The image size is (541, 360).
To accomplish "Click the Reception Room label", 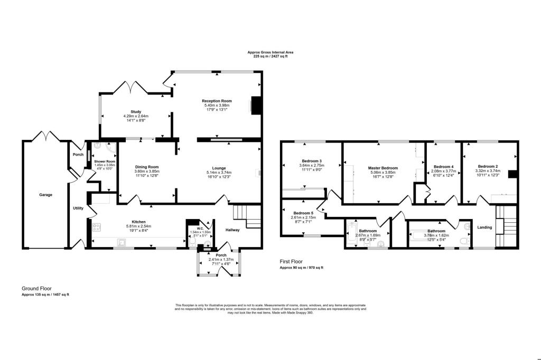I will (217, 101).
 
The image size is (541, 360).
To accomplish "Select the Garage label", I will (45, 195).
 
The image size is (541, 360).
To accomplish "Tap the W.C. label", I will (200, 229).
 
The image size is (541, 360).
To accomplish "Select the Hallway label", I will (232, 230).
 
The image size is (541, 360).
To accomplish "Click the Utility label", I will (78, 209).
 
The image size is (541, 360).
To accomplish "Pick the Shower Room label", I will (105, 162).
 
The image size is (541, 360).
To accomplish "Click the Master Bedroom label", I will (383, 168).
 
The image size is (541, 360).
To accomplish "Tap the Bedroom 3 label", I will (312, 161).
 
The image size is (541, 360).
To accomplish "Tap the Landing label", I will (484, 228).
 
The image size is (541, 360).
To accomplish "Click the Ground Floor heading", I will (38, 288).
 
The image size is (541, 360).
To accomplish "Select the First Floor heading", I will (294, 261).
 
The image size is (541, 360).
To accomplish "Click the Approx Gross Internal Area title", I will (270, 52).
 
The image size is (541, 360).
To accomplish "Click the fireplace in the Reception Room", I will (256, 105).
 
